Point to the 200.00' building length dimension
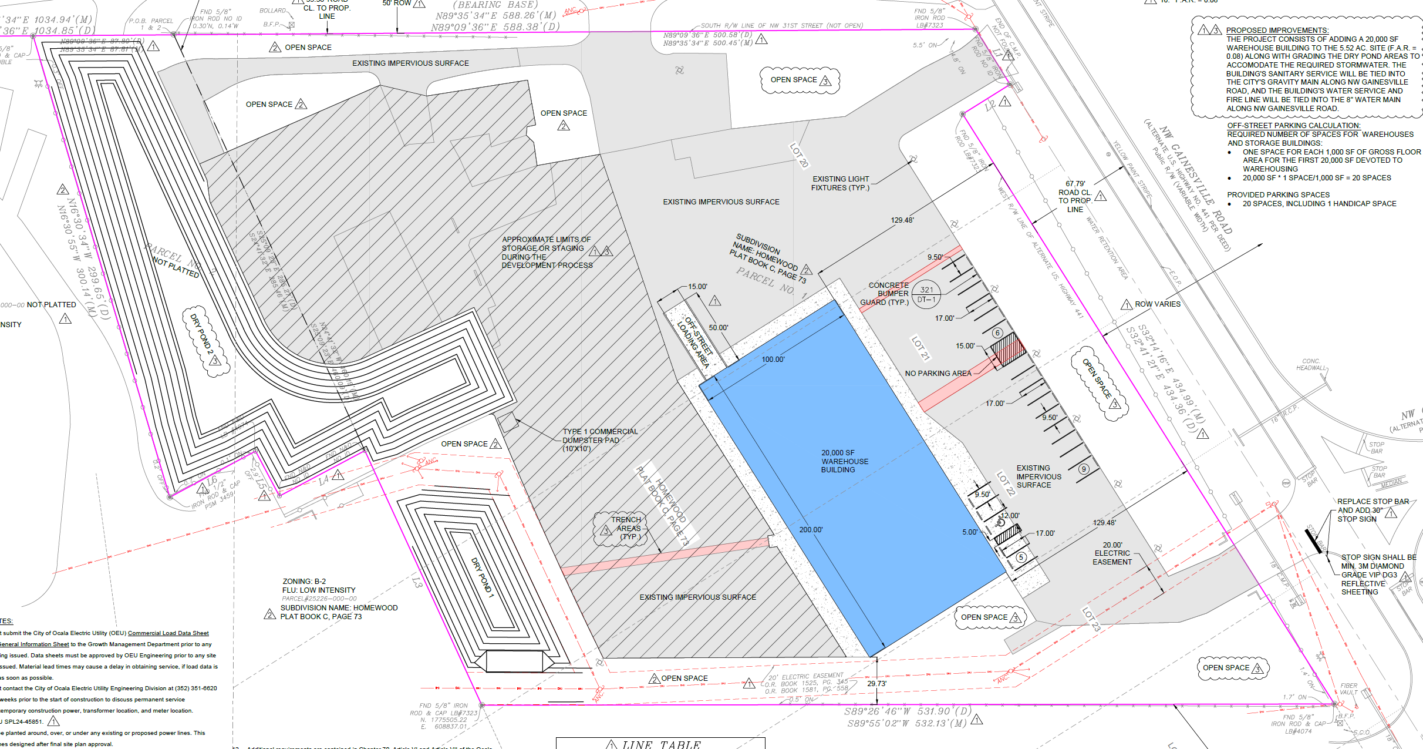coord(811,530)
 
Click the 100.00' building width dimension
coord(773,360)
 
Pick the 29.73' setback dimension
coord(876,683)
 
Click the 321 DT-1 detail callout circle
coord(926,294)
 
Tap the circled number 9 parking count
coord(1084,469)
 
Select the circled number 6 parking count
coord(997,333)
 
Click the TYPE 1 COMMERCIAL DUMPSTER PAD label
coord(599,440)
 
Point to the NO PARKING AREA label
coord(938,374)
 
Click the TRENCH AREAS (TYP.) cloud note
coord(626,528)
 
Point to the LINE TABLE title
coord(660,744)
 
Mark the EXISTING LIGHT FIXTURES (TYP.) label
coord(840,183)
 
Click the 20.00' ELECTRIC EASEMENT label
coord(1112,553)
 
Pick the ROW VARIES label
coord(1157,304)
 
